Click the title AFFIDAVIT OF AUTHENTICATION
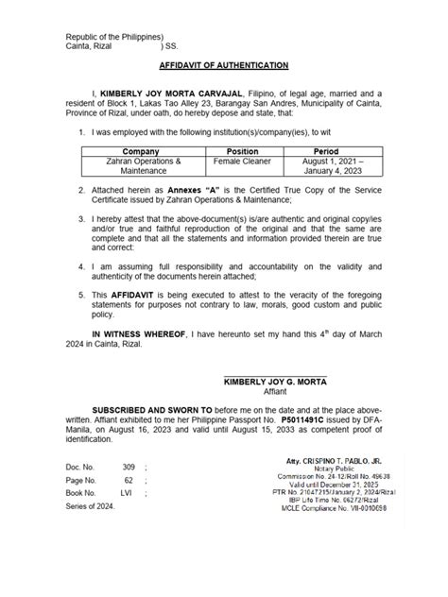point(224,68)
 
